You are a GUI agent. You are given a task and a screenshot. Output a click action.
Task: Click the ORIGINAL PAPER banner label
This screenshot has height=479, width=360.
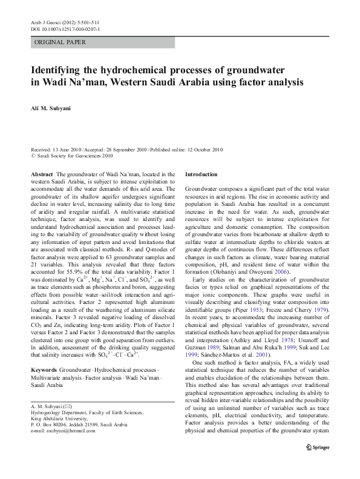click(x=60, y=43)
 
